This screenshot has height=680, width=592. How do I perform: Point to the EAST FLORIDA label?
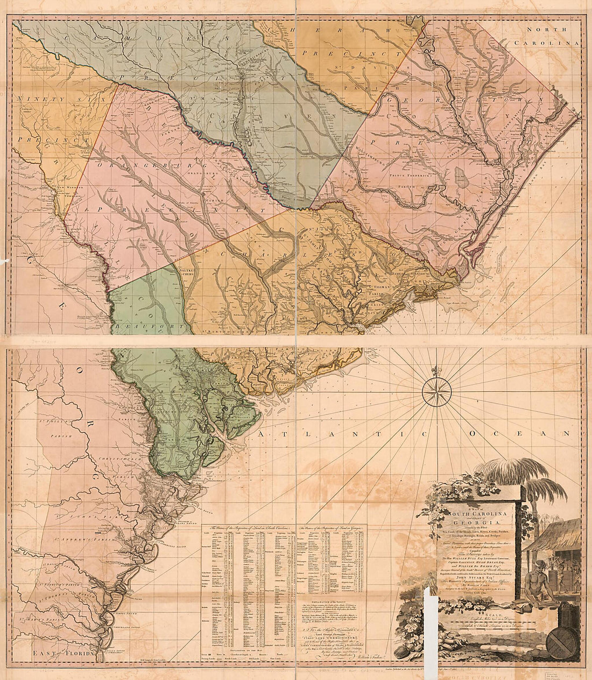(54, 653)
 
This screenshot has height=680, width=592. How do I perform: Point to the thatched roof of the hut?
(554, 533)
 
